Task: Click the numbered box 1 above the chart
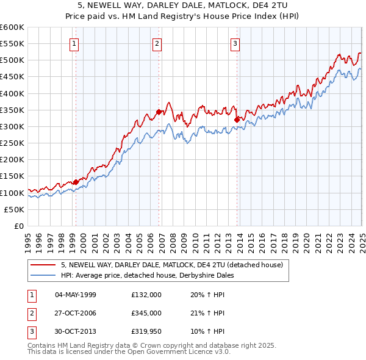point(74,43)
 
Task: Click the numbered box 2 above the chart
point(157,43)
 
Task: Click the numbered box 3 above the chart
point(235,43)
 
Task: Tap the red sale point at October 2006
point(159,112)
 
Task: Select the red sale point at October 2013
point(237,120)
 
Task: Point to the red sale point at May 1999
point(76,182)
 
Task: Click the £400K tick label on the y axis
point(12,93)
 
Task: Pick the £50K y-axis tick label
point(14,209)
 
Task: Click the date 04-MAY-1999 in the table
point(75,294)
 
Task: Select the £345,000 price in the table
point(146,313)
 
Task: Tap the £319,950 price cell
point(146,332)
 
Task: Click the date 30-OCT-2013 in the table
point(75,332)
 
